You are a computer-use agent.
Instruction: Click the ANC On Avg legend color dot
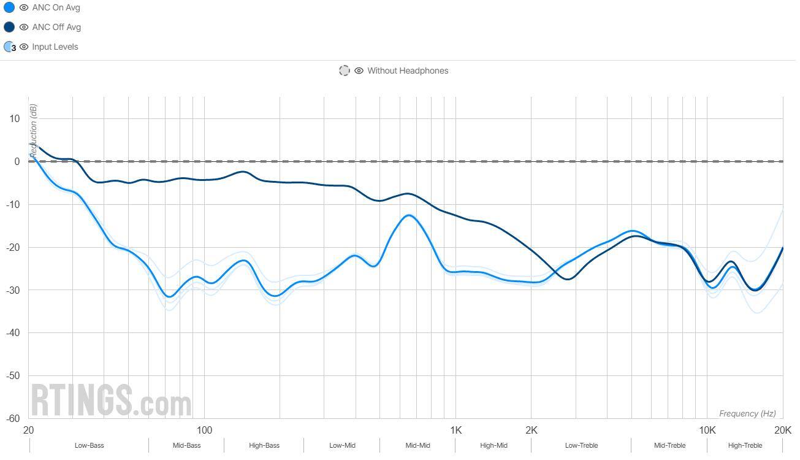9,8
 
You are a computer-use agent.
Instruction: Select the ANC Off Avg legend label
56,27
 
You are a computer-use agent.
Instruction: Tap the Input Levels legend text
55,47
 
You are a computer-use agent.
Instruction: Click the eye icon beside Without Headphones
359,71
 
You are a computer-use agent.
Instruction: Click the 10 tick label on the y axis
14,118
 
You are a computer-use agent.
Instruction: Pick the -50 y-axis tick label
12,375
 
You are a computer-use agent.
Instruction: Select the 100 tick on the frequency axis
204,430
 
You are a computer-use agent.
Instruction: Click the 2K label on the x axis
531,430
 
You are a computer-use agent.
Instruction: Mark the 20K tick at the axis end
782,430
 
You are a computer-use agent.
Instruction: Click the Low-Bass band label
89,445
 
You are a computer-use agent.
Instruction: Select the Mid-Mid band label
417,445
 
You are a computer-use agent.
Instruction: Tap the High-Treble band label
745,445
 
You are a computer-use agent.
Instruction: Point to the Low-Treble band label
581,445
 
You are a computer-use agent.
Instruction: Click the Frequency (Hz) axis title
747,413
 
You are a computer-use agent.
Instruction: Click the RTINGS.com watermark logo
111,401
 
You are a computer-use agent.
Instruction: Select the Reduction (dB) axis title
34,132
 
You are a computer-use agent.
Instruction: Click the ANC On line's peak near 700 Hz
409,215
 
